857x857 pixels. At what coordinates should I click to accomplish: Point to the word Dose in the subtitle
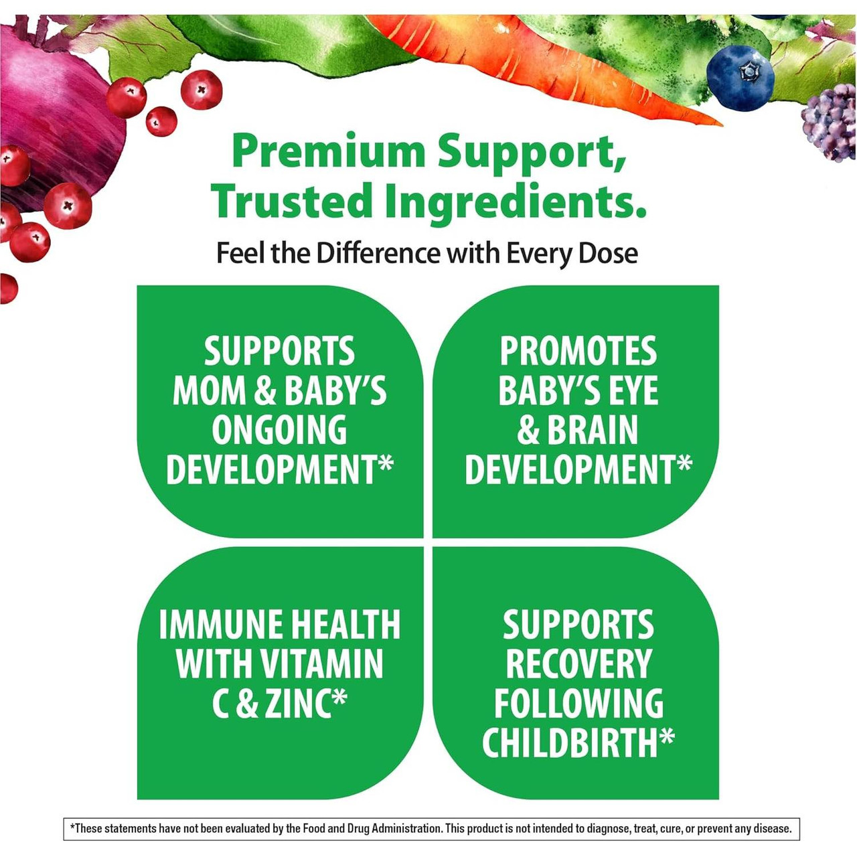[x=608, y=254]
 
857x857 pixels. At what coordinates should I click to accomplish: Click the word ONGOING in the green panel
[x=279, y=430]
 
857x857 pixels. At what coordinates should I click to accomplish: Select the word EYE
[x=631, y=391]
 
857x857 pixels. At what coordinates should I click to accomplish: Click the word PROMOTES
[x=578, y=352]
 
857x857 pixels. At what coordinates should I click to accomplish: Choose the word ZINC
[x=298, y=704]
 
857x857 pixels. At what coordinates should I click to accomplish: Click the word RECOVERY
[x=578, y=664]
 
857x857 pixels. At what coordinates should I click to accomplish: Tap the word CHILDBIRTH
[x=570, y=743]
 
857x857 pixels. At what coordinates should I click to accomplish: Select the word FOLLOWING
[x=578, y=704]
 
